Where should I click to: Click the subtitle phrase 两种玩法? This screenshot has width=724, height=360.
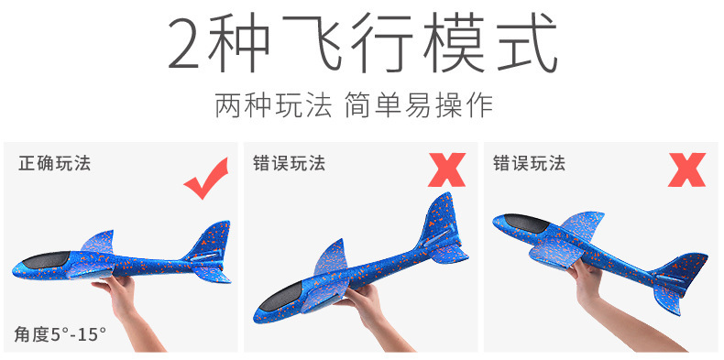[x=273, y=104]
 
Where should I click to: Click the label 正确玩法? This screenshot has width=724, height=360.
[x=55, y=164]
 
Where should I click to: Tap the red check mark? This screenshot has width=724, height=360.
[x=206, y=178]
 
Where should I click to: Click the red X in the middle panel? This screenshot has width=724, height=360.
[x=446, y=170]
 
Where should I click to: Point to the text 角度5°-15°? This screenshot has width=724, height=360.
[x=60, y=333]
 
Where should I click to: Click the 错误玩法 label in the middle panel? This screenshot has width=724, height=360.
[x=290, y=164]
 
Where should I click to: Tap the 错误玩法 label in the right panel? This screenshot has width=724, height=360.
[x=530, y=164]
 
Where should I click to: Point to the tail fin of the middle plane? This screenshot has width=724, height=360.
[x=438, y=218]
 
